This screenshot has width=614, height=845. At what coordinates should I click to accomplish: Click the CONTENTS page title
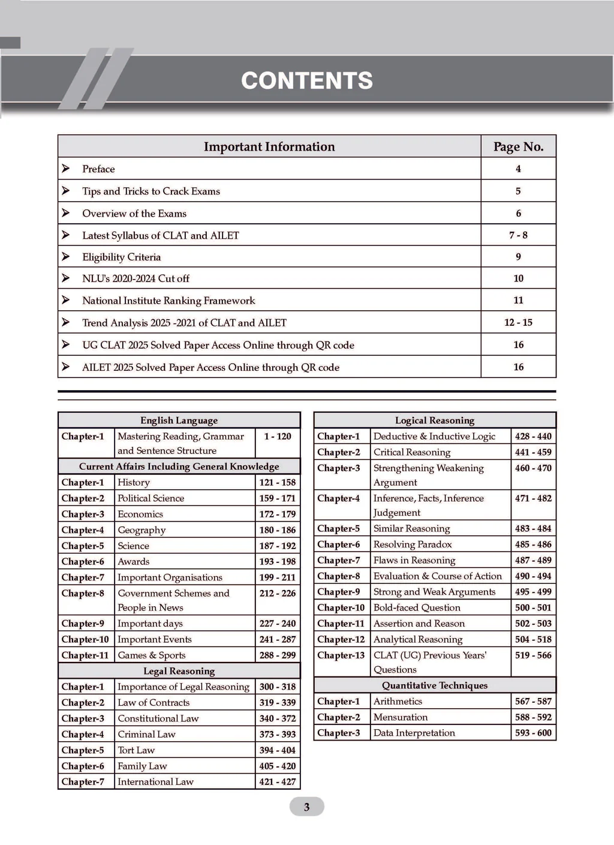tap(307, 81)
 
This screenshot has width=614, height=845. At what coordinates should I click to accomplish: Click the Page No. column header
tap(518, 147)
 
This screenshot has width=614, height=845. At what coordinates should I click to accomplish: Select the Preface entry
tap(98, 169)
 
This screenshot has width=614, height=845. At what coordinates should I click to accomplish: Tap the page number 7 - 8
tap(518, 235)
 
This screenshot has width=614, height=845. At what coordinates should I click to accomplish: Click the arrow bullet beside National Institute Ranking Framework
tap(66, 300)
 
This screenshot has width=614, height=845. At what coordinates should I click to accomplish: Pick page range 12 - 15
tap(518, 323)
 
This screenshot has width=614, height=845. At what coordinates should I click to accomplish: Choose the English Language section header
tap(179, 421)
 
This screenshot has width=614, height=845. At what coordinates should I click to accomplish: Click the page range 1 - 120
tap(277, 437)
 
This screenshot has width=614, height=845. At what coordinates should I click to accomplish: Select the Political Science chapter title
tap(151, 499)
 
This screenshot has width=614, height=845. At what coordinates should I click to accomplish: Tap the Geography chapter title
tap(142, 531)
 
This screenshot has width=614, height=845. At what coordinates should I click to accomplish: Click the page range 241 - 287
tap(277, 640)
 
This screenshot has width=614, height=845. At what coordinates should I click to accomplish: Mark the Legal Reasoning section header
tap(179, 672)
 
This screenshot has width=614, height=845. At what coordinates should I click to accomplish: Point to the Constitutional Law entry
tap(158, 719)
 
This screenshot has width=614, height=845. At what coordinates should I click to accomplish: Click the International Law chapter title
tap(155, 782)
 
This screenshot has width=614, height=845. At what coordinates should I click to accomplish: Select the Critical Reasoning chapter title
tap(411, 453)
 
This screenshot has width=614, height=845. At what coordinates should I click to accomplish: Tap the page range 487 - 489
tap(533, 561)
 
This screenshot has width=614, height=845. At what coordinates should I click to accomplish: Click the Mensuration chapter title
tap(401, 718)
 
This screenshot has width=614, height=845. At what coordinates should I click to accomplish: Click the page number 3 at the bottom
tap(306, 807)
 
